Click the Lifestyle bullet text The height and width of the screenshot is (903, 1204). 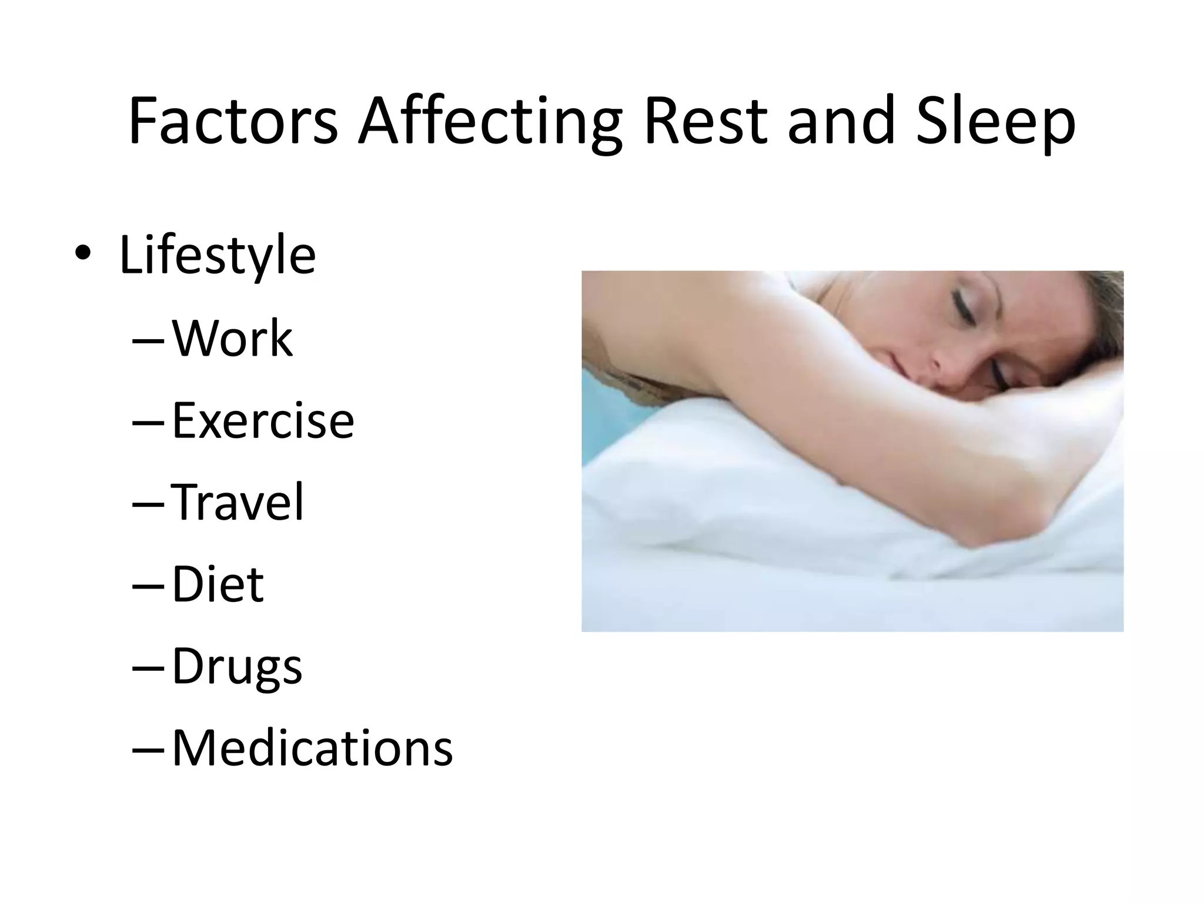218,255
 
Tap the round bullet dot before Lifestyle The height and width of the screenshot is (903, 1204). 83,254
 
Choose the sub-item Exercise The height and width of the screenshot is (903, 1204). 263,421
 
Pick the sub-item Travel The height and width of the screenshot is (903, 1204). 238,502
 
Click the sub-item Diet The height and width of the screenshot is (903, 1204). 218,584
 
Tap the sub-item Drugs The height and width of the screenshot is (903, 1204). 237,667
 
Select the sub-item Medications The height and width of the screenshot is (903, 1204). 312,748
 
